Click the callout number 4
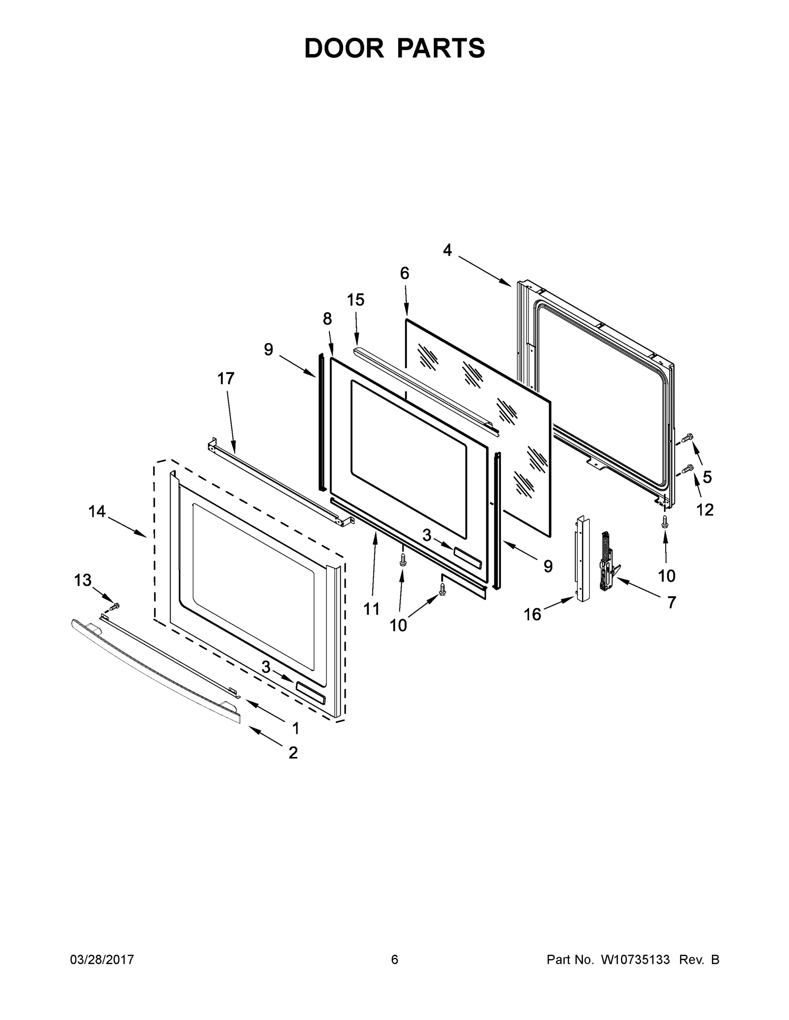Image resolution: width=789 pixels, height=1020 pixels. (447, 251)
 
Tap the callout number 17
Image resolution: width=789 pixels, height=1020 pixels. (226, 379)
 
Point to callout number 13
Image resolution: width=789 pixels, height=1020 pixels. (83, 581)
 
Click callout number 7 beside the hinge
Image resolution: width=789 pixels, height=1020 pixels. (672, 603)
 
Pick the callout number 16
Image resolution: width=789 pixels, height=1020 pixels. (533, 615)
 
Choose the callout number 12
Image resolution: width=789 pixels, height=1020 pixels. (705, 510)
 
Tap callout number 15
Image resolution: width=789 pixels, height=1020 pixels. (356, 300)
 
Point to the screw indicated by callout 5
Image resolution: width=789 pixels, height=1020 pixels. (688, 438)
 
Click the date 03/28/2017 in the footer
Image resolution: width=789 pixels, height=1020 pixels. (102, 960)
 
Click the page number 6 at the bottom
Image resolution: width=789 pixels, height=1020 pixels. (395, 960)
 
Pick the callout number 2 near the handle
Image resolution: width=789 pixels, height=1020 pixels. (293, 753)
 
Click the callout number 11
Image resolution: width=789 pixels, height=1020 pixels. (372, 609)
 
